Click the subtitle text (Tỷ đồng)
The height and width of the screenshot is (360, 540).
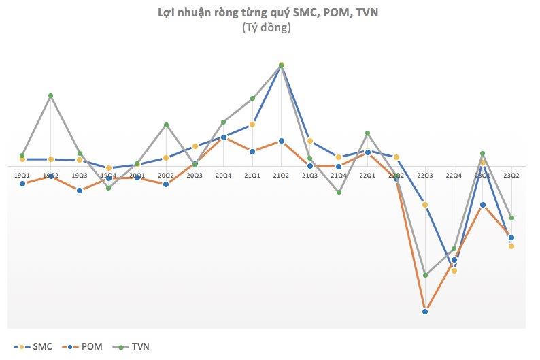266,28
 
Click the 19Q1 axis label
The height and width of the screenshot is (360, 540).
22,176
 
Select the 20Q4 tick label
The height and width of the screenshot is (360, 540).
223,176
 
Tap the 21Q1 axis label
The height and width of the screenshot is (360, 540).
252,176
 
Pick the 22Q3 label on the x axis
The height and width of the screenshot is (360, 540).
425,176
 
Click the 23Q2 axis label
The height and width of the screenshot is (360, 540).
511,176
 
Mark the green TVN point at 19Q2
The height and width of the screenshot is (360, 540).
51,96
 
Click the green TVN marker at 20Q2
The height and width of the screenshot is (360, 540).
166,125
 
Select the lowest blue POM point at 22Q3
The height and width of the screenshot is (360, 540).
425,312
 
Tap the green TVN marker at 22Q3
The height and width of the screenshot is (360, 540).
425,275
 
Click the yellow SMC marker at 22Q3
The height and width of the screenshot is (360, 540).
425,205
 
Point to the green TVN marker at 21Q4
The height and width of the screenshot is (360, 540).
339,192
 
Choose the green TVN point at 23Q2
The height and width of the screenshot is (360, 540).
511,218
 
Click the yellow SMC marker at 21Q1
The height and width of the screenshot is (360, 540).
252,125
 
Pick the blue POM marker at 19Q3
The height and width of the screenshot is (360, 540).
80,190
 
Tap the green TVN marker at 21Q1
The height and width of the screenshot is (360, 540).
252,99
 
